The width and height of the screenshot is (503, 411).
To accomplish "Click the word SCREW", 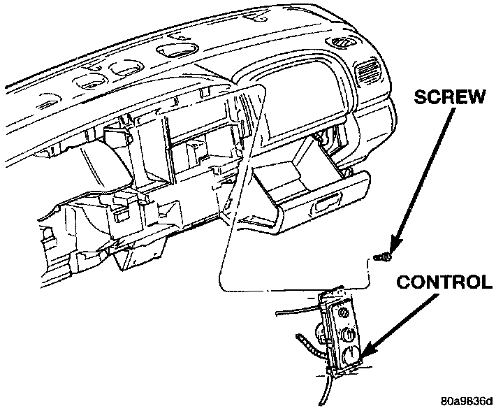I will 450,96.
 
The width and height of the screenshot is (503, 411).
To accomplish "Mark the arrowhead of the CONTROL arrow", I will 366,354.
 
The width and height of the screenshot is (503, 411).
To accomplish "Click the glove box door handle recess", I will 325,207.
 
